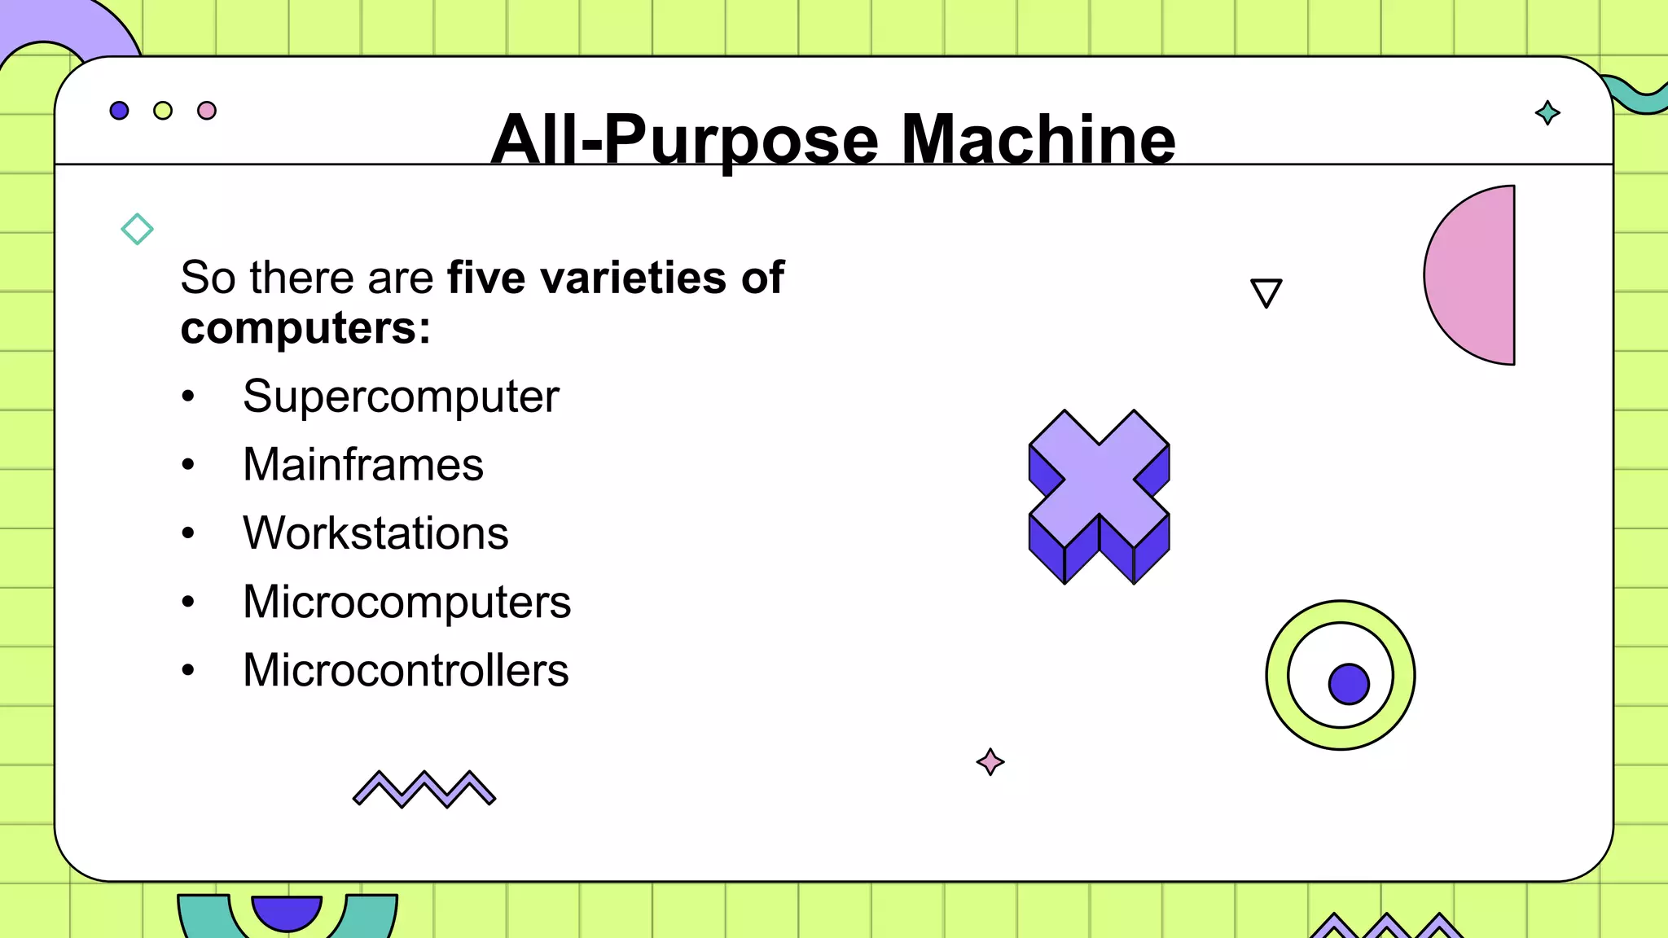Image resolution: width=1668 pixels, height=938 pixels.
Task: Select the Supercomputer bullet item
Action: (x=401, y=397)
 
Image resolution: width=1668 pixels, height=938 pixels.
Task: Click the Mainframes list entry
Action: (x=363, y=465)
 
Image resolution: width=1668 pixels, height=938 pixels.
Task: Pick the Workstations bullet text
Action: (x=375, y=533)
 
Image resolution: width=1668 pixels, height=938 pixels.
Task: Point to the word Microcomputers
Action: (x=406, y=602)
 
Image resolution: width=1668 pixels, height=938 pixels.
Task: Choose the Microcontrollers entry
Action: (x=406, y=670)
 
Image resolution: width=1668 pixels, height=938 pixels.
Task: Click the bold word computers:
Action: (x=305, y=328)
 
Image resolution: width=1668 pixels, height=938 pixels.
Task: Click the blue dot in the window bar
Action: (x=119, y=111)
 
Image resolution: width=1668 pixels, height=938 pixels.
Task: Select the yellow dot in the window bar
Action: (x=163, y=111)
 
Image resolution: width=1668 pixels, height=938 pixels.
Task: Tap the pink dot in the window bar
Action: (x=207, y=111)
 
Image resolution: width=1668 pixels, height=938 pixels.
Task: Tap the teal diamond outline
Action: (x=137, y=229)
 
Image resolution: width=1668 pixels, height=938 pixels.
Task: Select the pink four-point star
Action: (x=990, y=762)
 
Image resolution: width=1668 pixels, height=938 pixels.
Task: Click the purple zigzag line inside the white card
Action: (x=424, y=788)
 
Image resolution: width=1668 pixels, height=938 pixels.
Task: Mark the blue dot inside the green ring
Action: (x=1349, y=683)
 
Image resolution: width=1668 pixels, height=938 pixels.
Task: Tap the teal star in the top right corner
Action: (x=1547, y=112)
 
